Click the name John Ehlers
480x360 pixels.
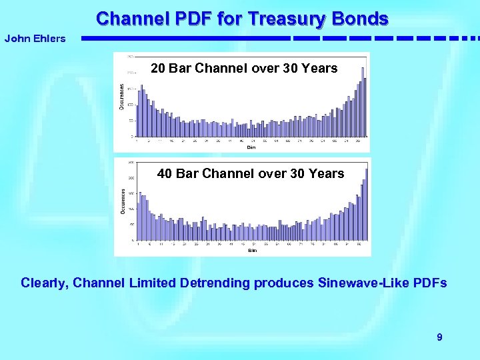tap(35, 39)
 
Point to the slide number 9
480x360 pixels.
tap(439, 337)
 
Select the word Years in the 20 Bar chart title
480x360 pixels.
tap(321, 68)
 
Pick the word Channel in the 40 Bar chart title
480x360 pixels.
tap(225, 174)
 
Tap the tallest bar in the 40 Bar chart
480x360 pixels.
tap(366, 204)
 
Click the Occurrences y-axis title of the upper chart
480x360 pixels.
tap(121, 97)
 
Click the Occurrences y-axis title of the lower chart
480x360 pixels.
tap(122, 200)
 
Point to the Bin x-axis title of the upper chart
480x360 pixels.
tap(251, 147)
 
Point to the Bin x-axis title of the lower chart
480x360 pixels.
tap(253, 251)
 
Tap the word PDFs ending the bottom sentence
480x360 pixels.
tap(429, 283)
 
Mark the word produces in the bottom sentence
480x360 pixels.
tap(280, 283)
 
